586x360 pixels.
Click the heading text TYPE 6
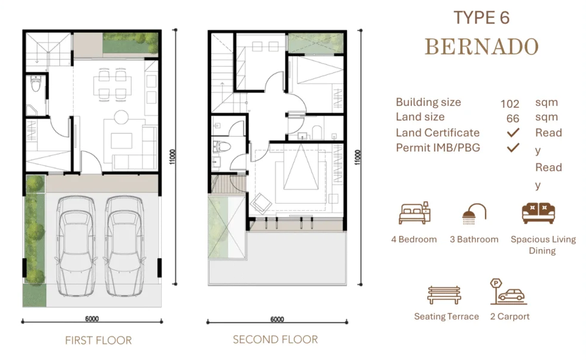click(x=481, y=18)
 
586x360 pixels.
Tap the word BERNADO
click(x=481, y=47)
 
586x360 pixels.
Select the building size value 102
click(x=509, y=104)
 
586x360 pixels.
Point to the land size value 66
click(x=512, y=119)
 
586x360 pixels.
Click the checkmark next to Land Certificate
click(x=512, y=132)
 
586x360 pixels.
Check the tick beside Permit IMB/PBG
click(x=512, y=147)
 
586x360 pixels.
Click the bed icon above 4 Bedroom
click(x=414, y=213)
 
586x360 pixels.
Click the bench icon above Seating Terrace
click(x=444, y=294)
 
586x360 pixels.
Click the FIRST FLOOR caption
click(x=98, y=340)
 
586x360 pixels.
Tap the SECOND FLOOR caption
click(x=275, y=340)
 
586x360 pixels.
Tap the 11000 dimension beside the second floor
click(x=359, y=156)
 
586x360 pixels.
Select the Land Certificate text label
click(x=438, y=132)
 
